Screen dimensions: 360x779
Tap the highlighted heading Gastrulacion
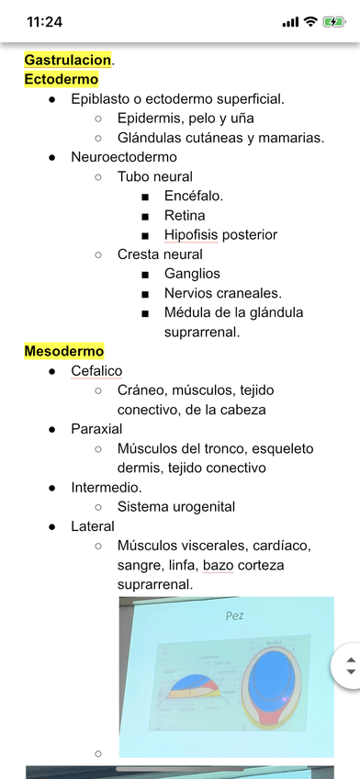point(67,60)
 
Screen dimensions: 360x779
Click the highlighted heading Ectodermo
point(62,79)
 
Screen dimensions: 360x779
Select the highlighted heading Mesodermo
point(64,351)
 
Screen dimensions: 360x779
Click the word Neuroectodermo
point(124,157)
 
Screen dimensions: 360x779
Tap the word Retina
point(186,215)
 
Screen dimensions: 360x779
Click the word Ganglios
point(192,273)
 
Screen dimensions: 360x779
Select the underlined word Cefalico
point(96,370)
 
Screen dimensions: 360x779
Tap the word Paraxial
point(96,429)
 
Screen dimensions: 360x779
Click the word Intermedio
point(105,487)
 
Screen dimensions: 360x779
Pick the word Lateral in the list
point(93,526)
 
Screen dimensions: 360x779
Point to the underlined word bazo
point(219,565)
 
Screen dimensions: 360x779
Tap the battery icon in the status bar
point(334,21)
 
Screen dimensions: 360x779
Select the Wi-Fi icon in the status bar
point(310,21)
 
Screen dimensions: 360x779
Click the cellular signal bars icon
point(291,21)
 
